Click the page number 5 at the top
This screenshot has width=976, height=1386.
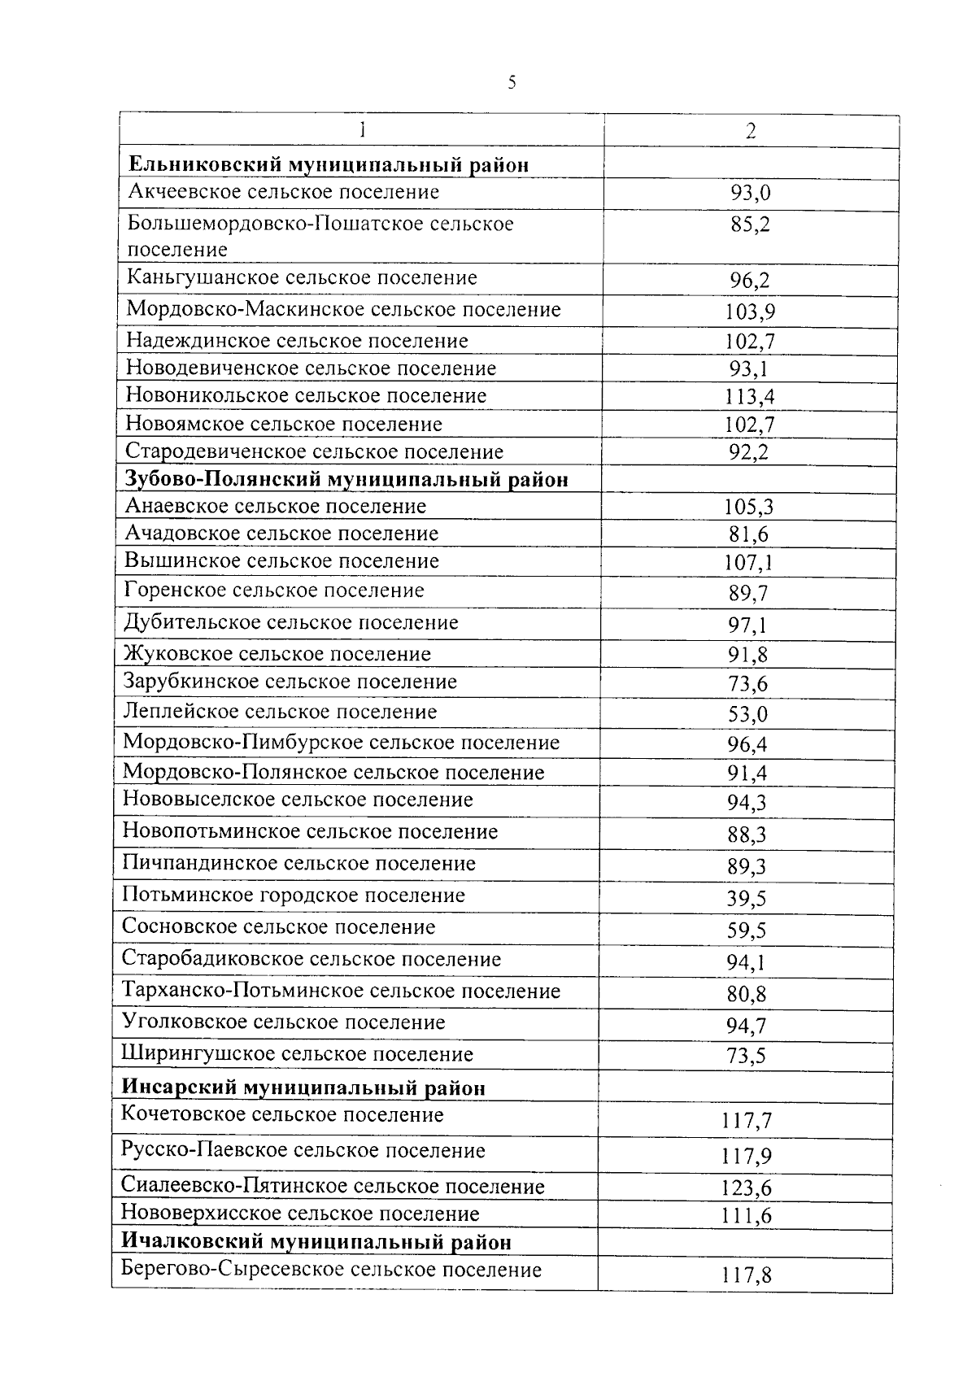tap(512, 82)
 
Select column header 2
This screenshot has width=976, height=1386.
tap(751, 132)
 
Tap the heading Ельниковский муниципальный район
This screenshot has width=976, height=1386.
tap(329, 165)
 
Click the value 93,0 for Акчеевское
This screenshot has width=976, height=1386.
tap(750, 194)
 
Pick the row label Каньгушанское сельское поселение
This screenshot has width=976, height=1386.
tap(302, 278)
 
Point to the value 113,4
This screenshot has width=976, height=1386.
tap(749, 397)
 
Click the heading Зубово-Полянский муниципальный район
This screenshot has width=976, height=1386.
tap(346, 479)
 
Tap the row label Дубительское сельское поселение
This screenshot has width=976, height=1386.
tap(291, 623)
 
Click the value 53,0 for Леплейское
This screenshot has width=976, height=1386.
tap(747, 714)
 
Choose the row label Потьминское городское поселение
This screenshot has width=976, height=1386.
tap(294, 896)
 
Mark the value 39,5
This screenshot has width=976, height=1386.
tap(747, 899)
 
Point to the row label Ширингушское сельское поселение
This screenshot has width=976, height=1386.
tap(297, 1055)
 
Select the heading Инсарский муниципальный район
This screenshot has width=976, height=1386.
tap(303, 1087)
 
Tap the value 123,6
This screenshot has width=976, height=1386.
tap(746, 1188)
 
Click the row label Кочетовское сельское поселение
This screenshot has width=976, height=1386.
tap(282, 1115)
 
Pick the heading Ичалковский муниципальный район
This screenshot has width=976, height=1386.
tap(316, 1242)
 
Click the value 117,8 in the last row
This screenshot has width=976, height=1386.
tap(746, 1275)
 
